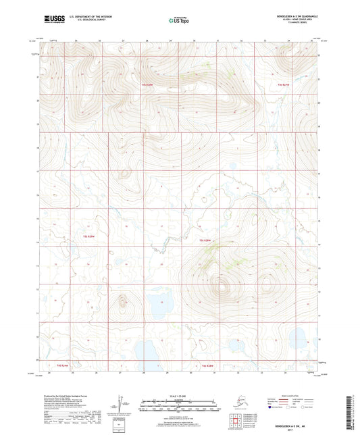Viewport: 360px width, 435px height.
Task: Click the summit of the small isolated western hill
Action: pyautogui.click(x=122, y=301)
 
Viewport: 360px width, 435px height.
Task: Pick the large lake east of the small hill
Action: pyautogui.click(x=158, y=307)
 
